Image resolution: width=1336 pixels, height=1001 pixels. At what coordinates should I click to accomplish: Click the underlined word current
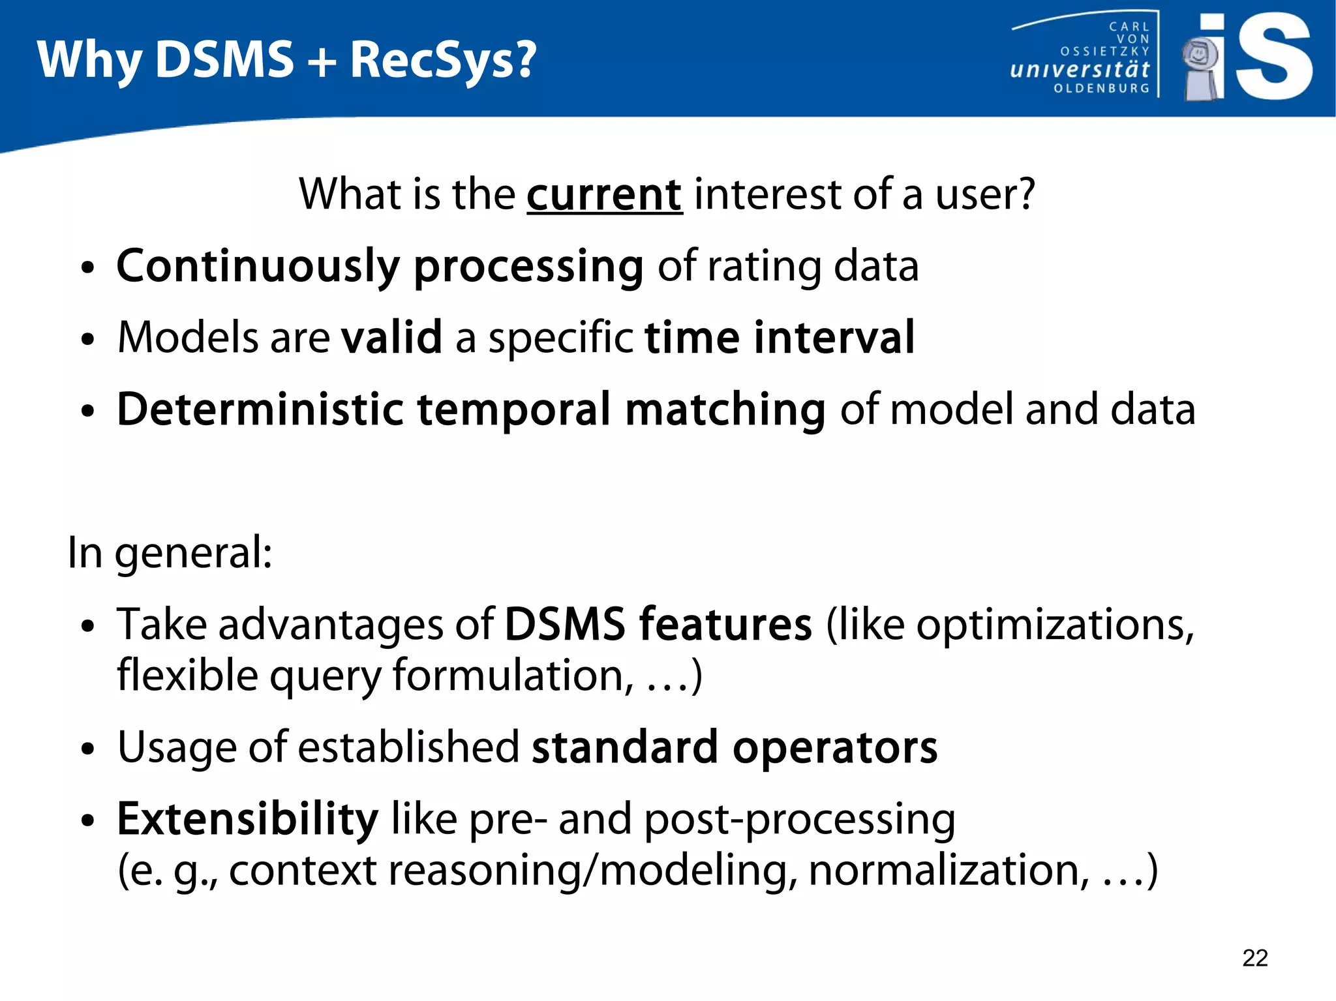pos(604,195)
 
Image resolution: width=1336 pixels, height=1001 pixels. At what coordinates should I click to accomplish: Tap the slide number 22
pos(1254,958)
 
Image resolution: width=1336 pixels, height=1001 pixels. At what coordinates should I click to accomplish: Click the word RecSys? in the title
pos(443,60)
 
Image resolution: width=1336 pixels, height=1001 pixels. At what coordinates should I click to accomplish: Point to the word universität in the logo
pos(1079,69)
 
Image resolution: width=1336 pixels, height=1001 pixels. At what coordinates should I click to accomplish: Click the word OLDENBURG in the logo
pos(1101,88)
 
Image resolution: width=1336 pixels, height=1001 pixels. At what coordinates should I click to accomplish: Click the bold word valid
pos(391,338)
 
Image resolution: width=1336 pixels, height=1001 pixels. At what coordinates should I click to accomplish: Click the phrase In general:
pos(170,553)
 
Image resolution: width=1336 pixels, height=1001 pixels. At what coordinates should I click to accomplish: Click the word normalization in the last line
pos(948,870)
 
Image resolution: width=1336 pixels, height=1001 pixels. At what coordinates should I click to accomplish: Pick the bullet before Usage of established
pos(88,749)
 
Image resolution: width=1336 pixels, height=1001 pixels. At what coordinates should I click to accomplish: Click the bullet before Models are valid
pos(88,340)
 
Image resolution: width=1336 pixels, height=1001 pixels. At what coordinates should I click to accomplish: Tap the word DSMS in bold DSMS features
pos(564,625)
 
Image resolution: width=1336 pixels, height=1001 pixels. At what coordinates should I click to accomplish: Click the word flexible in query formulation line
pos(187,676)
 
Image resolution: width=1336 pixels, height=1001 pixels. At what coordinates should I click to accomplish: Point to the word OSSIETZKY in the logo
pos(1104,52)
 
